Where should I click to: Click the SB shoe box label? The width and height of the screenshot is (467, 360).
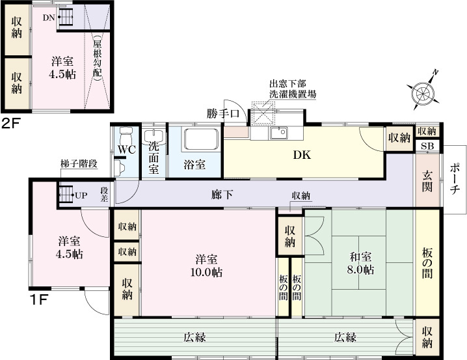coord(427,146)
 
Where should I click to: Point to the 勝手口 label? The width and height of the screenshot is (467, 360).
coord(224,113)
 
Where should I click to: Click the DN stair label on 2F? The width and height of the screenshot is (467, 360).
coord(49,18)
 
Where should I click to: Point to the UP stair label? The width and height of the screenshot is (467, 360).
coord(81,195)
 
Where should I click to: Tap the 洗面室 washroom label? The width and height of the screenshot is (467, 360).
coord(153,156)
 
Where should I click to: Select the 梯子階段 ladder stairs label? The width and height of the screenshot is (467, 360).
coord(78,164)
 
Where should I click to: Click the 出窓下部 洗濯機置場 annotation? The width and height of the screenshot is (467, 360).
coord(293,89)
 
